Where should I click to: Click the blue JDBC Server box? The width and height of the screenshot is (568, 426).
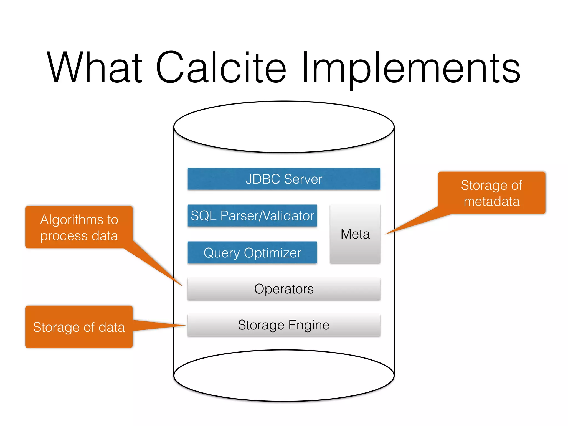[x=284, y=179]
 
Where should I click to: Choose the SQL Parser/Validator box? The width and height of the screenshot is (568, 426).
[x=252, y=216]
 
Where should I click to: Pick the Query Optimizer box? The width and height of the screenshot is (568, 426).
[x=252, y=253]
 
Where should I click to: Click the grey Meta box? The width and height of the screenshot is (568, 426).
[x=355, y=234]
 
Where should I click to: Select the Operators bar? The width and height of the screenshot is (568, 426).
[x=284, y=289]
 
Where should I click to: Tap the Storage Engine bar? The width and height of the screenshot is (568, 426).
[x=284, y=325]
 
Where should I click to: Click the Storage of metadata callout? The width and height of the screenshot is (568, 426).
[x=491, y=193]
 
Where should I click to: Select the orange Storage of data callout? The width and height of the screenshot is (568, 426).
[x=79, y=327]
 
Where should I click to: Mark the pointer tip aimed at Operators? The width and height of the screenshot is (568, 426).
[x=182, y=285]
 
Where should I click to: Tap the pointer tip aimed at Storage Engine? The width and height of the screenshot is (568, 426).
[x=184, y=325]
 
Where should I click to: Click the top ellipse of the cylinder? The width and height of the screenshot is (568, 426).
[x=284, y=127]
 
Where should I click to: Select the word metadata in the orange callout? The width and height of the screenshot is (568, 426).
[x=491, y=201]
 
